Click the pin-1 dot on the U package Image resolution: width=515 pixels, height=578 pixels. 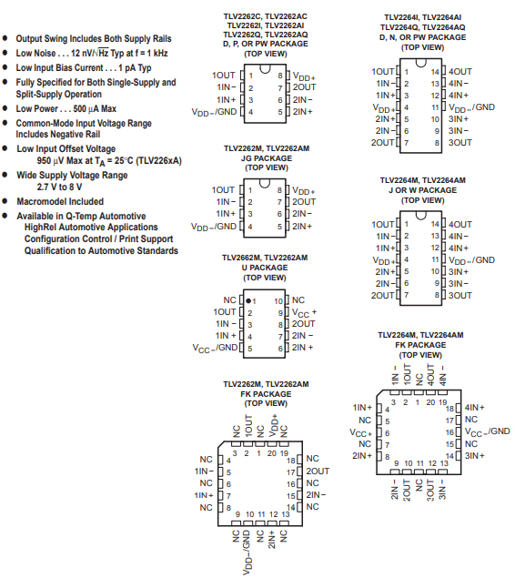(x=248, y=300)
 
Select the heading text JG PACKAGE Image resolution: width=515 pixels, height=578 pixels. (x=267, y=158)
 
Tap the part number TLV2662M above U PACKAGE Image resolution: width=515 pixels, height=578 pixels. (x=242, y=258)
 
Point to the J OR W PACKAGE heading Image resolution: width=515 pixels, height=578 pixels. (x=422, y=190)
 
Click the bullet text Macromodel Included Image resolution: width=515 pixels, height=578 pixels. (x=60, y=202)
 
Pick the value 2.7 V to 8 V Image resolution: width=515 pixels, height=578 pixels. (x=59, y=187)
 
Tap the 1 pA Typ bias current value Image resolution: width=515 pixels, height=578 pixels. (x=135, y=68)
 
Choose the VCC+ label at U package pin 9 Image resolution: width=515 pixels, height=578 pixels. (x=304, y=313)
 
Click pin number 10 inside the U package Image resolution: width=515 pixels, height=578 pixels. (x=278, y=301)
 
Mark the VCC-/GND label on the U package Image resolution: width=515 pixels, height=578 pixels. (x=215, y=348)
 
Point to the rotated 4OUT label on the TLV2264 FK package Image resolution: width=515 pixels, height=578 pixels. (x=430, y=374)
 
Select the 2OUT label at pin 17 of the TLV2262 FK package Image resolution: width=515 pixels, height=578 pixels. (x=318, y=472)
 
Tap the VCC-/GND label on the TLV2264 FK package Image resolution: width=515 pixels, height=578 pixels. (x=488, y=432)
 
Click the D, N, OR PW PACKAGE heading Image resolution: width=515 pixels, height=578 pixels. (x=422, y=37)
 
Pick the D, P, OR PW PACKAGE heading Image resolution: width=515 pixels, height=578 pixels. (x=266, y=44)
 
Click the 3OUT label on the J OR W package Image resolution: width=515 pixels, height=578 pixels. (x=459, y=295)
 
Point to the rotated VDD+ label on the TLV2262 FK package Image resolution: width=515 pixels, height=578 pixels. (x=273, y=425)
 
